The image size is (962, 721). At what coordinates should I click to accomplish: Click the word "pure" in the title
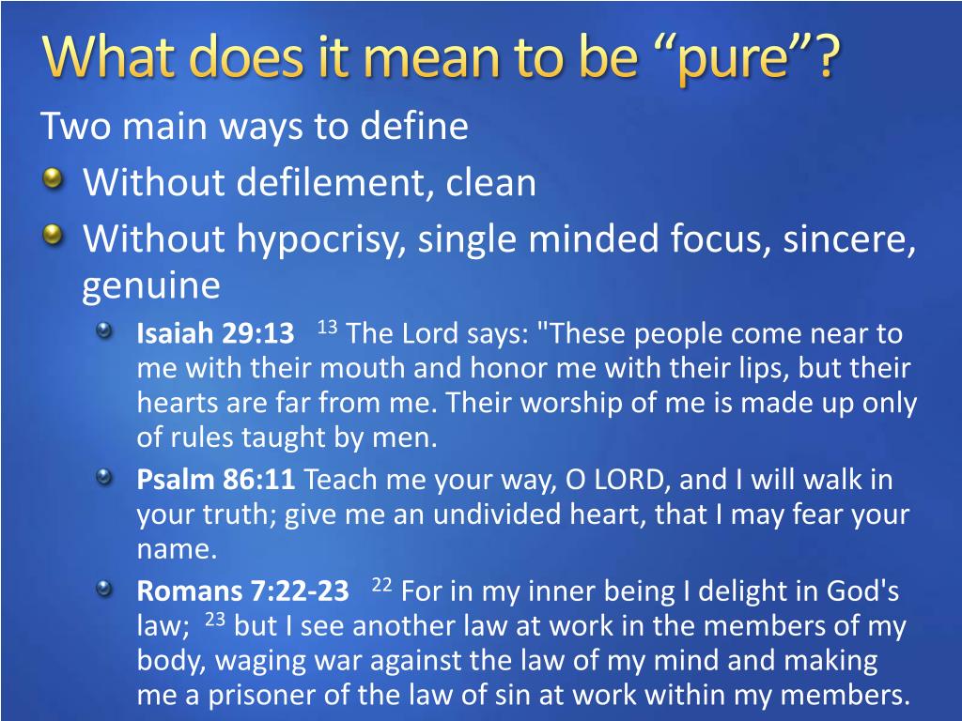(733, 60)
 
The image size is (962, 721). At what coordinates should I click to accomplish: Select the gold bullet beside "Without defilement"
(54, 179)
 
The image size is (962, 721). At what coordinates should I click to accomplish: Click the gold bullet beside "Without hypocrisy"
(54, 235)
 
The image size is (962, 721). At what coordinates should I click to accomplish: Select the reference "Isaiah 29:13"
(215, 333)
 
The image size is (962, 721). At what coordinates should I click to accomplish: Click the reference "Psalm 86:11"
(216, 479)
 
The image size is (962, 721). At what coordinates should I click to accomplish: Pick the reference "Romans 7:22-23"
(243, 591)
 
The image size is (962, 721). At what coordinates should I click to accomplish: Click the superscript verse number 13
(328, 327)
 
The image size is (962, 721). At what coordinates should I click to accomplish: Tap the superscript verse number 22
(381, 584)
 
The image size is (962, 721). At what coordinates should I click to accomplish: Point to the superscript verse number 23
(215, 620)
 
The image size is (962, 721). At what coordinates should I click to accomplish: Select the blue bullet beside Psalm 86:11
(104, 476)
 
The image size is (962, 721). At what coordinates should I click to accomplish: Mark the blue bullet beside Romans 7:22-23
(104, 589)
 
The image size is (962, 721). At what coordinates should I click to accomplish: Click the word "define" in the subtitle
(414, 126)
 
